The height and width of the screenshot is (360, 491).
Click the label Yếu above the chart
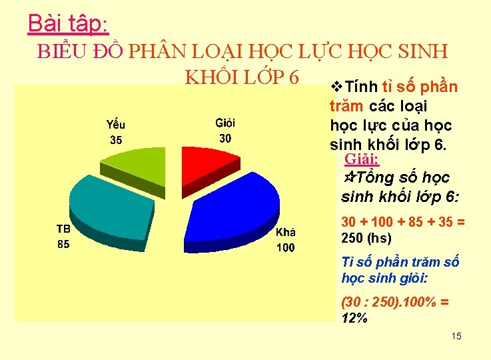point(116,125)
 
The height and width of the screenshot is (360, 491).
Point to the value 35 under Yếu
point(116,140)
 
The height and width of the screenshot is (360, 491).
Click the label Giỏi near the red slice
point(225,123)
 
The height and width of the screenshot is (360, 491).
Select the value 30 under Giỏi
point(225,139)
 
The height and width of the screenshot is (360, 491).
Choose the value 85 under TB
point(62,244)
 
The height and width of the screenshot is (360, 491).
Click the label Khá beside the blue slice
point(285,233)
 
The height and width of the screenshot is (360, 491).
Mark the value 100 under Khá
point(285,248)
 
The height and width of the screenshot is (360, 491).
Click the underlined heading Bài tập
point(66,23)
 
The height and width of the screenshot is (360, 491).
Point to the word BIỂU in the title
point(59,52)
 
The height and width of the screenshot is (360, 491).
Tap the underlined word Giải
point(362,159)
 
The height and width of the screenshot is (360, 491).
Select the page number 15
point(456,335)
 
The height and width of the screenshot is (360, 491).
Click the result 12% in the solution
point(354,318)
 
